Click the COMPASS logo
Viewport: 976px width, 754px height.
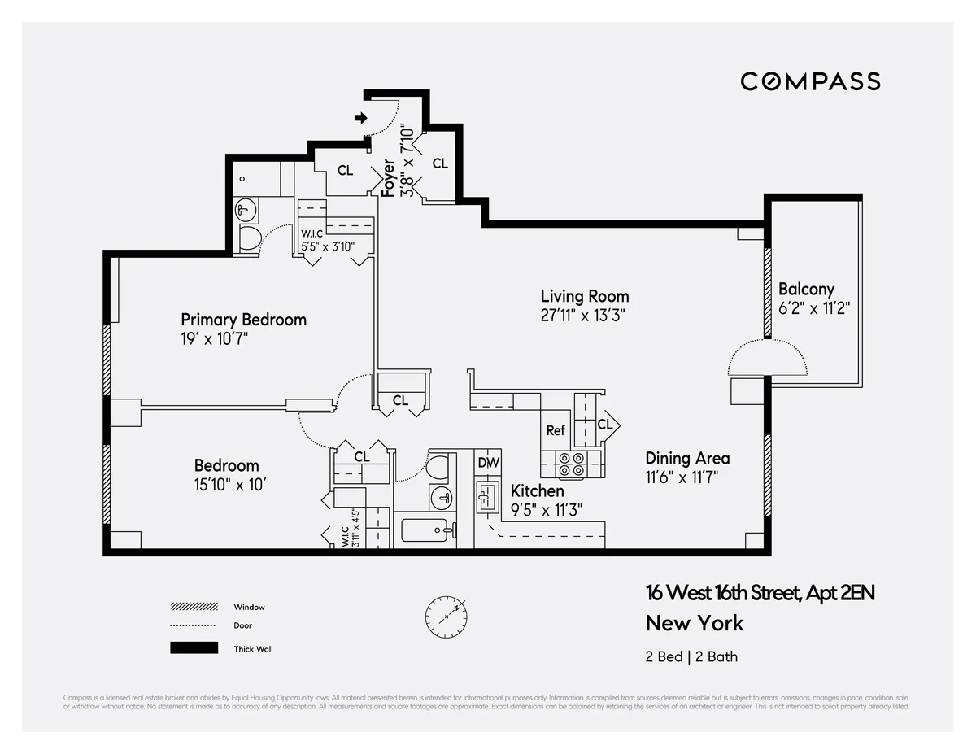(810, 81)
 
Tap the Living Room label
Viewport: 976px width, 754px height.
(585, 296)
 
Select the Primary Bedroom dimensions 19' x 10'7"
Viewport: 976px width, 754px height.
(214, 338)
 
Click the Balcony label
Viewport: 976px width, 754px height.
(806, 289)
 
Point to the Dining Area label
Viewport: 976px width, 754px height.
(687, 458)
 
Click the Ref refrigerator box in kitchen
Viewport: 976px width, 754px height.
(556, 430)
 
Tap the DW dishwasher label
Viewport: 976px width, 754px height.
(488, 462)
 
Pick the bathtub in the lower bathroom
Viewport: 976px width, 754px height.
(425, 531)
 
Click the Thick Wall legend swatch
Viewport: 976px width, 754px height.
(194, 648)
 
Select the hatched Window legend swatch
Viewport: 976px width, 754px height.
(194, 607)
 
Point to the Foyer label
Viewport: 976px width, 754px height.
(389, 177)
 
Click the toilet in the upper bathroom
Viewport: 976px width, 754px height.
(250, 238)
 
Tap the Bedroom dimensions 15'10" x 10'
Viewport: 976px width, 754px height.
(230, 484)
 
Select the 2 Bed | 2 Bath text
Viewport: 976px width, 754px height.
(691, 656)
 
